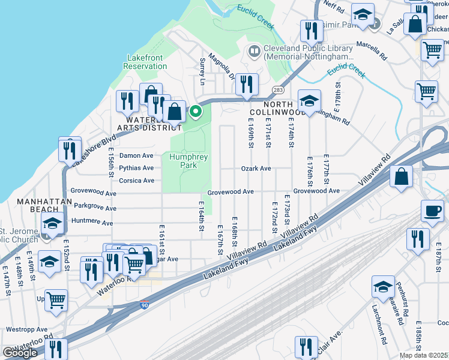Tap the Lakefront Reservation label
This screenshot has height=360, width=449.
click(x=145, y=62)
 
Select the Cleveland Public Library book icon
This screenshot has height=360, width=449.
click(x=253, y=52)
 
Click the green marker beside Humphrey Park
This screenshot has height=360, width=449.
click(x=196, y=111)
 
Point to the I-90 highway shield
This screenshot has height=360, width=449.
click(x=143, y=305)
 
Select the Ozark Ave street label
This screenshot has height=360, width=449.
click(x=256, y=169)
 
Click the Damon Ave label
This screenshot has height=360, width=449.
click(x=136, y=155)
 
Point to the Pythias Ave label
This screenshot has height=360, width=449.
click(x=136, y=169)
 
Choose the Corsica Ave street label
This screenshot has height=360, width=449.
click(x=136, y=181)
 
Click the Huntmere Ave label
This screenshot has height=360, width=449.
click(x=92, y=223)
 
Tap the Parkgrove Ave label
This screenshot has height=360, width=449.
click(x=95, y=208)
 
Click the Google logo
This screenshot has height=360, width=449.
click(x=20, y=353)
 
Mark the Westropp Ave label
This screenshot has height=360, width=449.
click(x=27, y=329)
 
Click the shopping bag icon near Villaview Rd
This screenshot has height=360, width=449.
click(x=401, y=176)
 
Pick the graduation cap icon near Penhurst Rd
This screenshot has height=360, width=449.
click(x=383, y=286)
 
